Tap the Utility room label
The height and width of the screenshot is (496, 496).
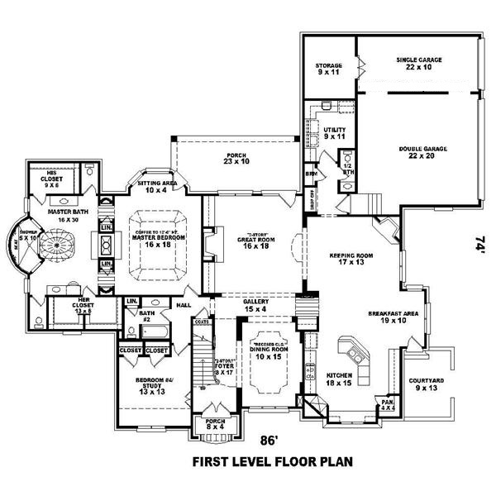click(334, 133)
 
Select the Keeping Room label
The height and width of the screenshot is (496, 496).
click(347, 260)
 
